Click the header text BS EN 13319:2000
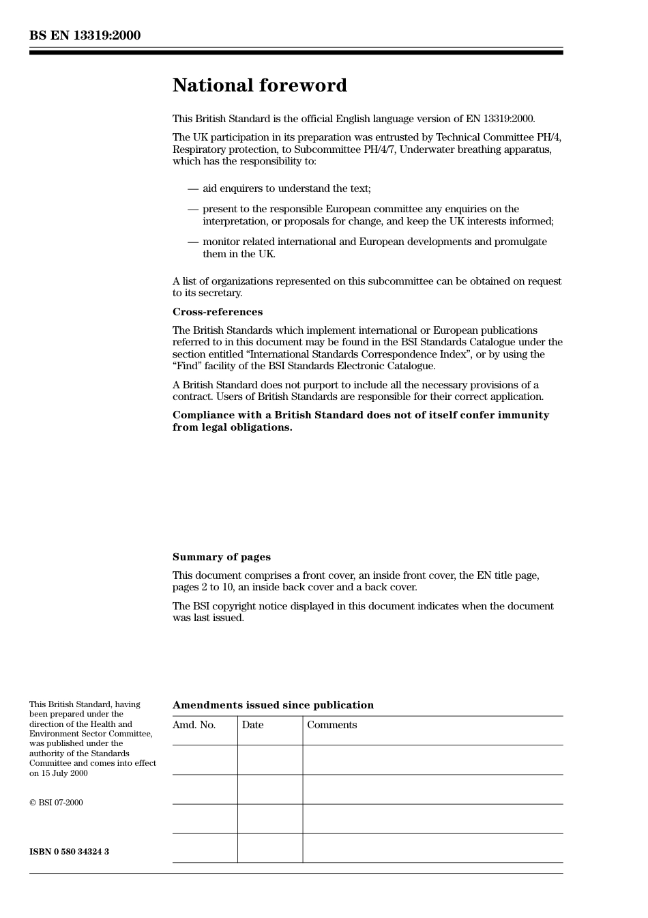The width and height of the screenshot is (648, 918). (x=85, y=35)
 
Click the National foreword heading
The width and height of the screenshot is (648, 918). (x=259, y=85)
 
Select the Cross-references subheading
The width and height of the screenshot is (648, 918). (x=217, y=312)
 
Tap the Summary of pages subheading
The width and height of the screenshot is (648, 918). (x=221, y=557)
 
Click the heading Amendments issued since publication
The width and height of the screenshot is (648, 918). (x=273, y=705)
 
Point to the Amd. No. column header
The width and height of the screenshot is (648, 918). (x=194, y=725)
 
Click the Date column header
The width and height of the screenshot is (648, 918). (x=252, y=725)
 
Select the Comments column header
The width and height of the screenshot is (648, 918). (x=332, y=725)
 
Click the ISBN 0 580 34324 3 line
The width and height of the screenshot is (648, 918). (x=69, y=852)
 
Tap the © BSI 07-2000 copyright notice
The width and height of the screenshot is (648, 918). (x=56, y=803)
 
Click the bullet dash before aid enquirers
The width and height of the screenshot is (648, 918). (x=193, y=188)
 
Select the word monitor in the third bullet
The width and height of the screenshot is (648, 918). (x=221, y=242)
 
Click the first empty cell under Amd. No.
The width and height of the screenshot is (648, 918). (x=205, y=760)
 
